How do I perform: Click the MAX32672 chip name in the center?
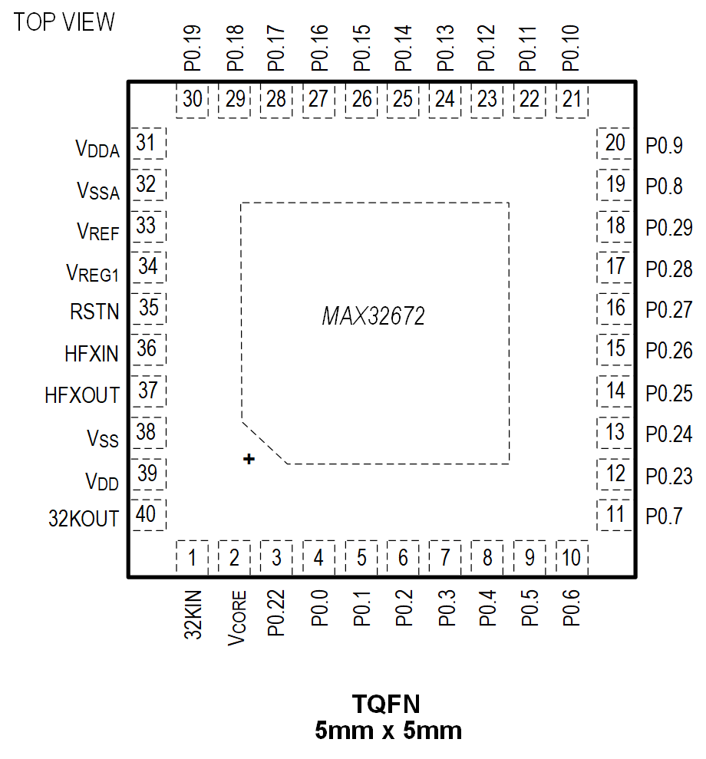[x=373, y=316]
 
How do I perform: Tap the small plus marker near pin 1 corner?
[x=248, y=459]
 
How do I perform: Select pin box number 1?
[x=193, y=558]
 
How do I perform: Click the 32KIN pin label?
[x=193, y=614]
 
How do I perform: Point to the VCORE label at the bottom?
[x=237, y=618]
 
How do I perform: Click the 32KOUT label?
[x=84, y=519]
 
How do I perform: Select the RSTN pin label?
[x=94, y=312]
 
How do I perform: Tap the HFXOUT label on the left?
[x=82, y=395]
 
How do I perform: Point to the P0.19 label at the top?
[x=192, y=48]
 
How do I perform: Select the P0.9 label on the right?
[x=664, y=145]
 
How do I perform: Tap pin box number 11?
[x=615, y=514]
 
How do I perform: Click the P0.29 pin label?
[x=668, y=228]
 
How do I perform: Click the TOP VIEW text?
[x=64, y=22]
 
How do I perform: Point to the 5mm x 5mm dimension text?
[x=388, y=730]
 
